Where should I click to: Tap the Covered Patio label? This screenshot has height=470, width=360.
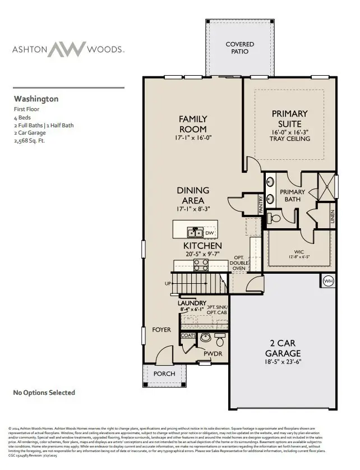click(x=240, y=48)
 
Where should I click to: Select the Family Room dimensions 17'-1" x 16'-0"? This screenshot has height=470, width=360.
click(x=193, y=137)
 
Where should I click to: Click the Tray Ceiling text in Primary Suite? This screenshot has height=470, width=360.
click(x=289, y=139)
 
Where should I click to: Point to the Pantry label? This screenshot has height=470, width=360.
click(x=261, y=204)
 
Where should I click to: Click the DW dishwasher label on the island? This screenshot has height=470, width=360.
click(x=209, y=233)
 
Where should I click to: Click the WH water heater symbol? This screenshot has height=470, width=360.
click(x=328, y=281)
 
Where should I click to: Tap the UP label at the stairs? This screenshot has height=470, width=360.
click(x=168, y=284)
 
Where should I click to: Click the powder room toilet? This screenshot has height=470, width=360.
click(x=219, y=341)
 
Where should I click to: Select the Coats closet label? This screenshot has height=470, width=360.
click(x=188, y=335)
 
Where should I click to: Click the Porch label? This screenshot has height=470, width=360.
click(x=164, y=374)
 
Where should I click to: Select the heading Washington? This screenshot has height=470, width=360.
click(x=36, y=99)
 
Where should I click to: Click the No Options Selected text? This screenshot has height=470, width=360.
click(x=44, y=393)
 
